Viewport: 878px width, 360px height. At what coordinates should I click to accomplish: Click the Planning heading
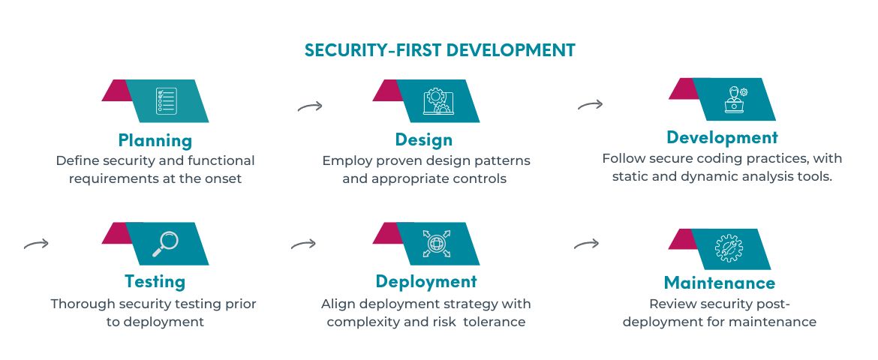point(155,140)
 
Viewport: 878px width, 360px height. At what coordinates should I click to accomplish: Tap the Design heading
point(424,139)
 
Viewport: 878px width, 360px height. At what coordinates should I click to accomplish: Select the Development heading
point(722,138)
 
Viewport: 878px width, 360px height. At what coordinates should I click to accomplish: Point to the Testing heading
point(155,281)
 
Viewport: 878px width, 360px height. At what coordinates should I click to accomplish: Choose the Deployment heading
point(426,281)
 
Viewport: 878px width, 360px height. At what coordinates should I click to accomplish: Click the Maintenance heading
point(720,283)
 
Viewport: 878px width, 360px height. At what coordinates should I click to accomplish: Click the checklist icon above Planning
point(167,100)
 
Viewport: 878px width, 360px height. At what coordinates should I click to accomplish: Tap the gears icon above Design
point(438,100)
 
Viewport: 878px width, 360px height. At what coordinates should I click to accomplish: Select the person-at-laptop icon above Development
point(735,100)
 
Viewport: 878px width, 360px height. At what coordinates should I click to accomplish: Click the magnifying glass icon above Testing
point(166,244)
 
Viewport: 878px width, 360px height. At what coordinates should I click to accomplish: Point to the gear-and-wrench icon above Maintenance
point(729,248)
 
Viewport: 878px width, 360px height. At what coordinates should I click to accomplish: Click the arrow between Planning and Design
point(310,106)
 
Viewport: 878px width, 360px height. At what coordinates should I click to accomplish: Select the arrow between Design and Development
point(590,105)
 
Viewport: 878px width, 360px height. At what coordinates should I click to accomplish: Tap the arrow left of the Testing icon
point(37,244)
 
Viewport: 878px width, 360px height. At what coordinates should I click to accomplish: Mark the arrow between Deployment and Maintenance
point(586,244)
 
